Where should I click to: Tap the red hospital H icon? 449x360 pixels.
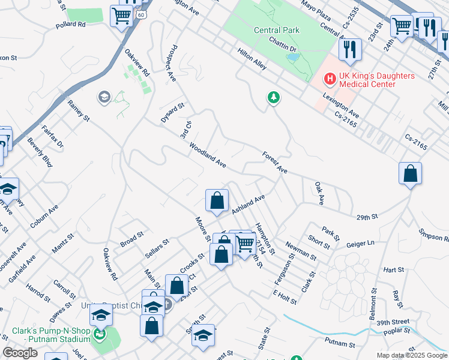330,79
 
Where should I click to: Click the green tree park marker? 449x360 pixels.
274,97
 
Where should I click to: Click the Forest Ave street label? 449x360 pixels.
275,163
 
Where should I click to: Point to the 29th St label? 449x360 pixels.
366,216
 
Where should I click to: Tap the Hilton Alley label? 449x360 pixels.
252,61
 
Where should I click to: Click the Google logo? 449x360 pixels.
20,353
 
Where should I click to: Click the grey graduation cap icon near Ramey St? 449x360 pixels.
104,97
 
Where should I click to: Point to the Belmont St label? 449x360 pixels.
374,304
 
